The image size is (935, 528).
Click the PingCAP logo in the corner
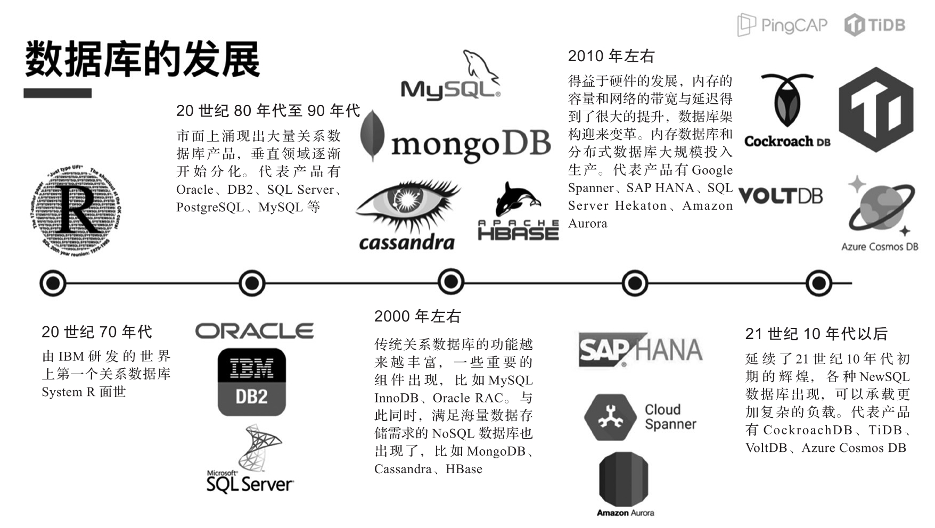tap(782, 24)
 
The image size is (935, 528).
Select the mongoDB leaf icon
tap(372, 135)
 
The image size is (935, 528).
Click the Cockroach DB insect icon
tap(786, 101)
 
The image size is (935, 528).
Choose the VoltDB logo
tap(781, 195)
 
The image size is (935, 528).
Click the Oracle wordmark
tap(254, 332)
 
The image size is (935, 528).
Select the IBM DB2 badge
tap(252, 382)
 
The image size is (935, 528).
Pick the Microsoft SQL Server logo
tap(250, 460)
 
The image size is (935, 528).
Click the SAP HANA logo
tap(641, 350)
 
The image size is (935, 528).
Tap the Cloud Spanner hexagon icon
tap(610, 417)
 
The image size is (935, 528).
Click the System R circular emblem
tap(75, 210)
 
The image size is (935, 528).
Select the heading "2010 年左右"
tap(611, 56)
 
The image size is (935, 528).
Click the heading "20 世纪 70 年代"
tap(97, 332)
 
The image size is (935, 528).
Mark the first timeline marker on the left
tap(53, 283)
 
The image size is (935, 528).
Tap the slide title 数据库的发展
tap(142, 60)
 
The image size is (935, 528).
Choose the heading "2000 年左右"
tap(417, 316)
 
